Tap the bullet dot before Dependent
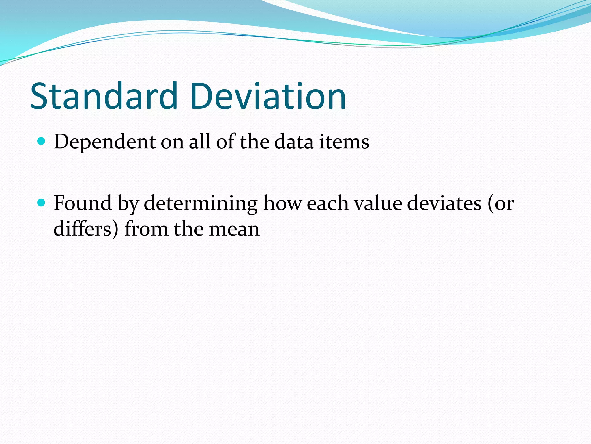(42, 141)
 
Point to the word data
(293, 142)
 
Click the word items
(344, 142)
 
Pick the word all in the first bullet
(199, 142)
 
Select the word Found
(83, 203)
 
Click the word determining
(201, 203)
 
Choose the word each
(328, 203)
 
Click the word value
(378, 203)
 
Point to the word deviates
(444, 203)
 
